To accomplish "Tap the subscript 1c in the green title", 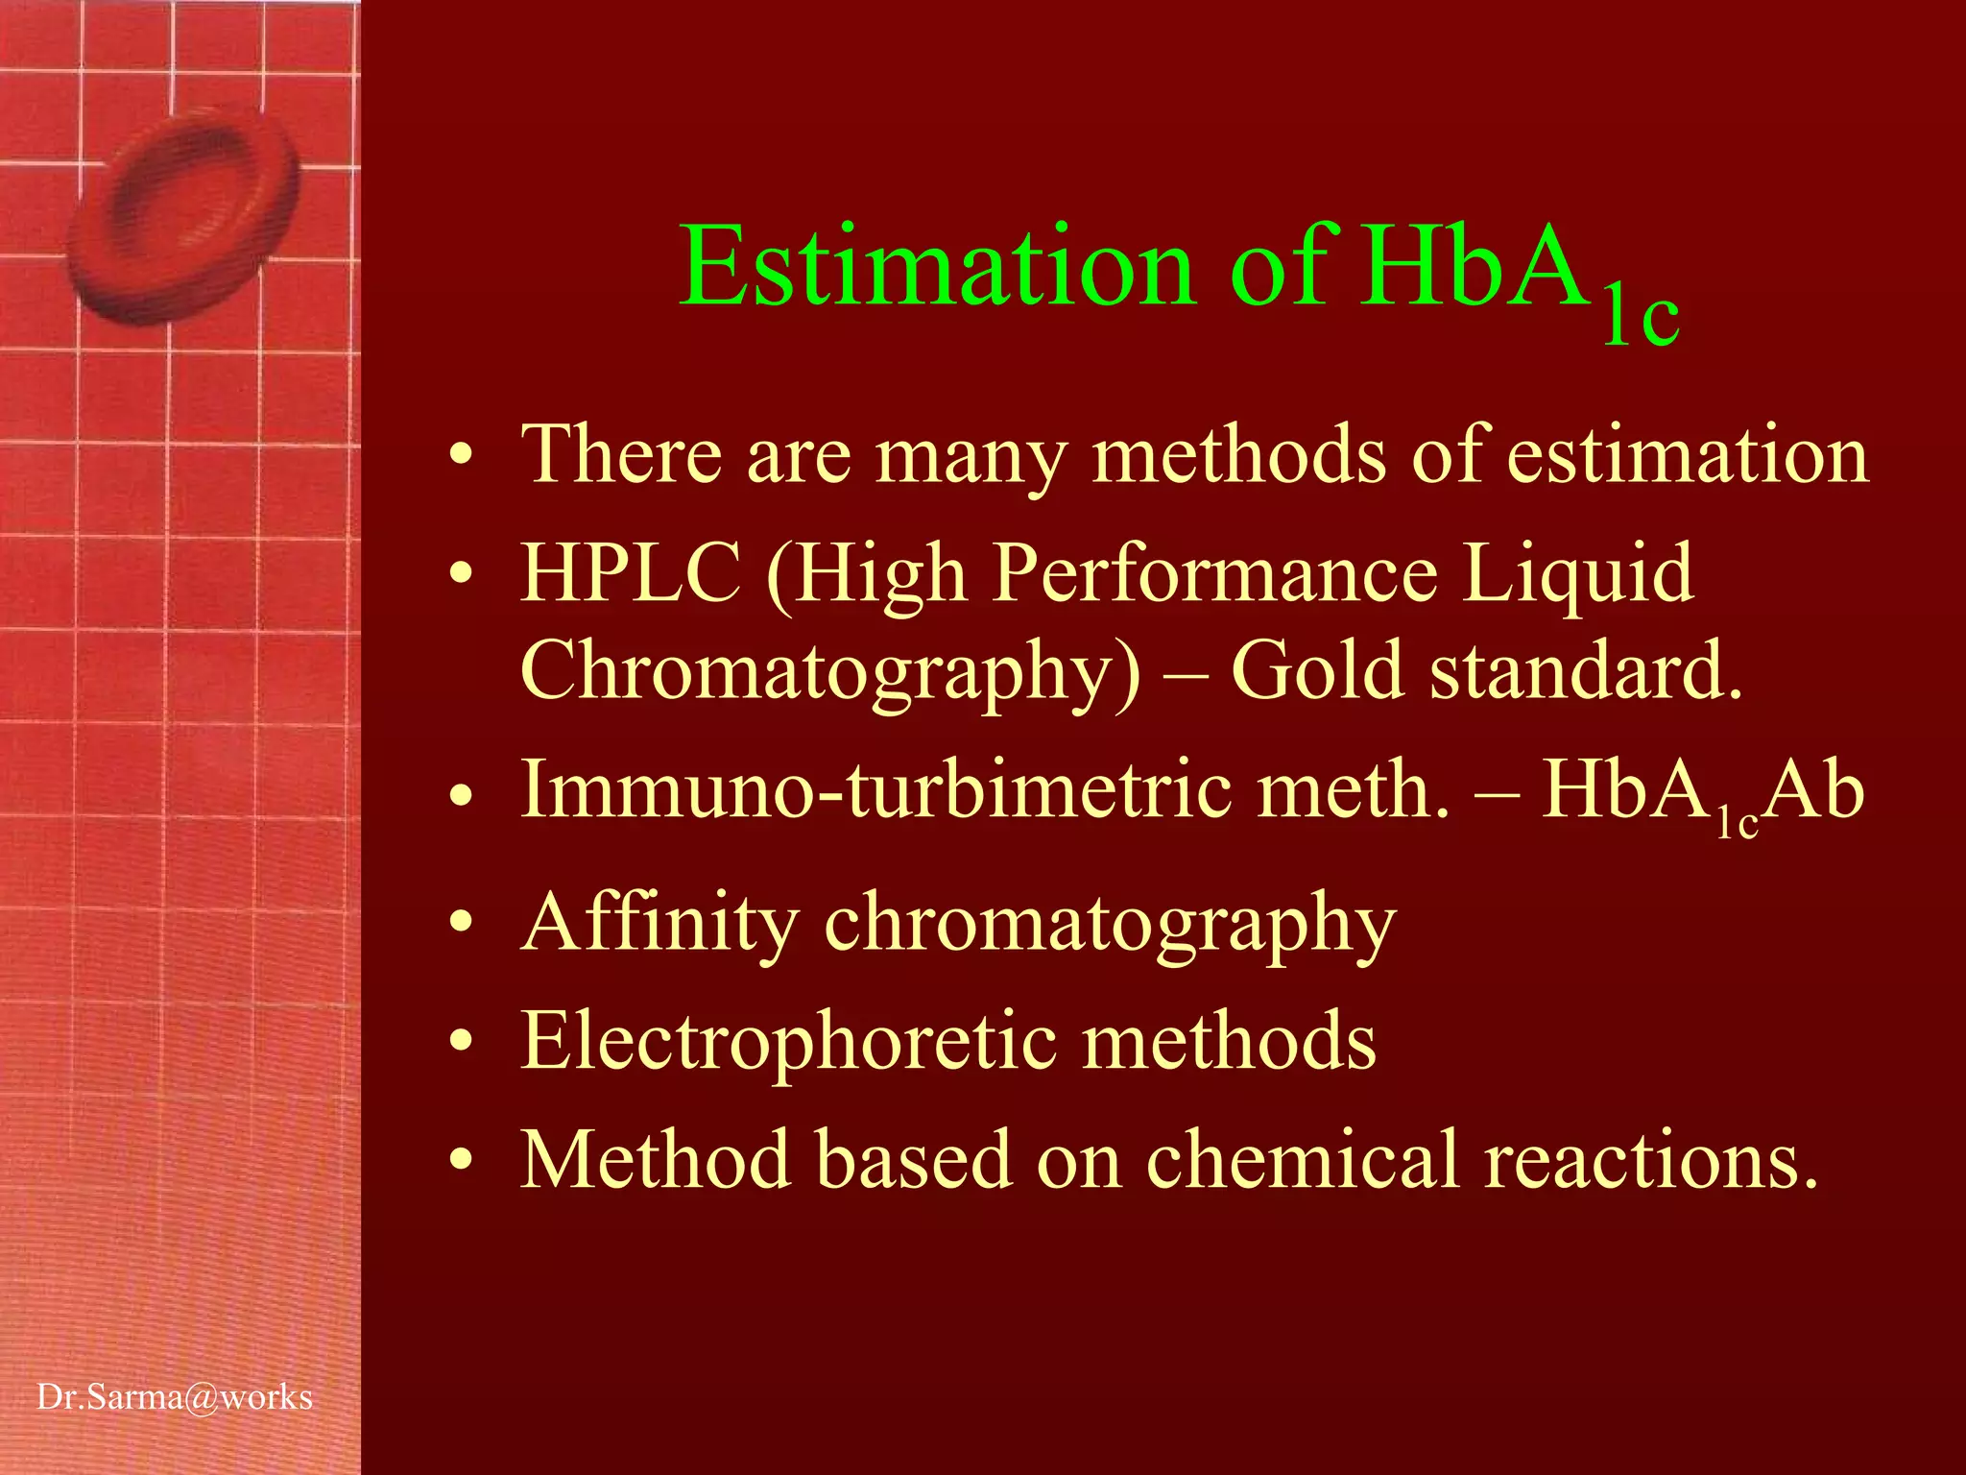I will point(1642,318).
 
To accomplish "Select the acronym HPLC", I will point(630,573).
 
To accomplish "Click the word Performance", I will point(1215,573).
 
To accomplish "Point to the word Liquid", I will point(1578,573).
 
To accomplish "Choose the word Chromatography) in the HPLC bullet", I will point(831,672).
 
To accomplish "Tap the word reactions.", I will point(1650,1161).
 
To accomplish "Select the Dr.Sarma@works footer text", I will point(175,1397).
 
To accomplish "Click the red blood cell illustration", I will point(182,211).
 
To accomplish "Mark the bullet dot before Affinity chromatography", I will point(462,923).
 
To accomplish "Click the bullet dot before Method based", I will point(462,1159).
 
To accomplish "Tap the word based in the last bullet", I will point(913,1159).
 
